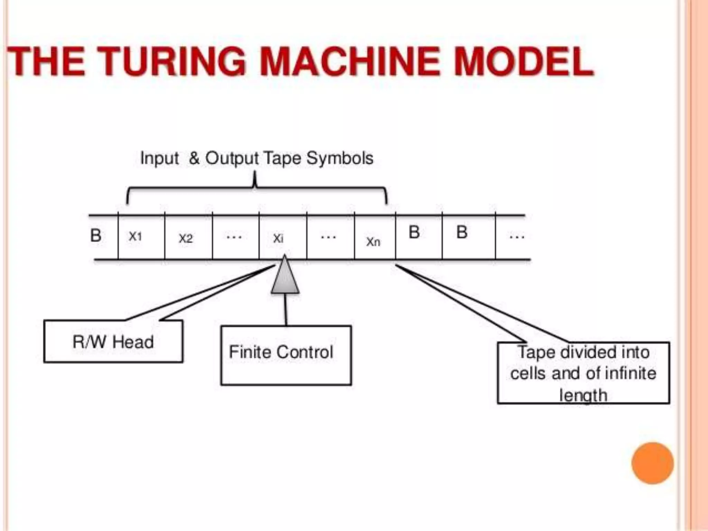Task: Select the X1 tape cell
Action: click(x=141, y=237)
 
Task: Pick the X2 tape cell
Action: click(x=188, y=238)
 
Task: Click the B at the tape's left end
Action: click(x=96, y=236)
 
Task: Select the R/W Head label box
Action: click(x=113, y=342)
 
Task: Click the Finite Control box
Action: click(x=286, y=355)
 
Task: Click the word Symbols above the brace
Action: click(x=339, y=158)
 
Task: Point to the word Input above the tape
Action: click(x=159, y=159)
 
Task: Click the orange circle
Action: click(x=652, y=463)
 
